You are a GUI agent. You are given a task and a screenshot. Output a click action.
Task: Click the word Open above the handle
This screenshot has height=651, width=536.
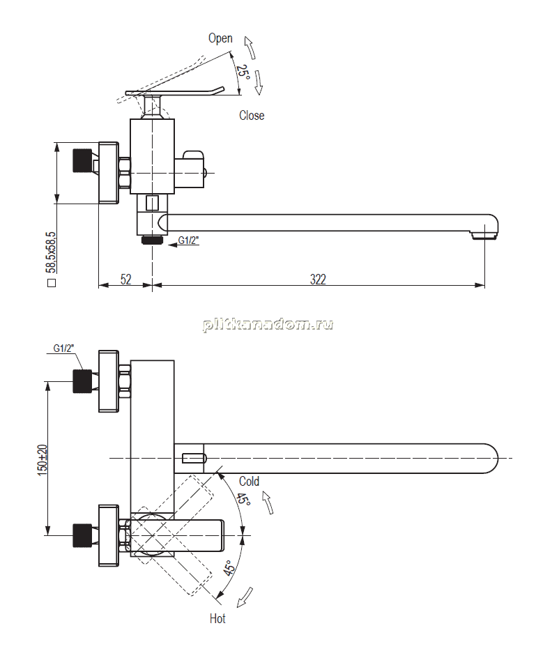click(220, 38)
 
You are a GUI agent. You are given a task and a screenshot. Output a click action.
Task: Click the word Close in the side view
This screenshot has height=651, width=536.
click(252, 115)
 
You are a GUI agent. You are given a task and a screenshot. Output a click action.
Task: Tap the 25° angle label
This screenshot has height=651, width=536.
click(243, 72)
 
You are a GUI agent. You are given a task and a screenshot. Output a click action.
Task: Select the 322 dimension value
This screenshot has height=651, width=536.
click(318, 279)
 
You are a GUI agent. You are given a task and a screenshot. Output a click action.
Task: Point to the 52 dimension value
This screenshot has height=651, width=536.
click(125, 279)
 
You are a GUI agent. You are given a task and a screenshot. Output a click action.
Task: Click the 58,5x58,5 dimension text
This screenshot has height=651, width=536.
click(51, 252)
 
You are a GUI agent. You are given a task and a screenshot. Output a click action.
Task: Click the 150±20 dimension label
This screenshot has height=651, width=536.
click(43, 459)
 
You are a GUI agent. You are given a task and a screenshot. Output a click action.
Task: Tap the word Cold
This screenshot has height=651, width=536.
click(249, 481)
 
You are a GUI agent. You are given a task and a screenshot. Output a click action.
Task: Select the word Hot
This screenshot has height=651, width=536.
click(217, 618)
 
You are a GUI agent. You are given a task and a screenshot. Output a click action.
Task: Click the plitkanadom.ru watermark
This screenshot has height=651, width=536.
click(268, 324)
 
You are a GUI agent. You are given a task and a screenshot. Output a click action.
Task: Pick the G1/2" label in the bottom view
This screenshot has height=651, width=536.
click(63, 349)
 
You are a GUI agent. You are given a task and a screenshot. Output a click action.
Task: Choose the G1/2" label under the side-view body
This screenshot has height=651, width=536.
click(188, 240)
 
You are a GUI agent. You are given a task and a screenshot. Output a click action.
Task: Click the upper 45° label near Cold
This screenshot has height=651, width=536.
click(244, 498)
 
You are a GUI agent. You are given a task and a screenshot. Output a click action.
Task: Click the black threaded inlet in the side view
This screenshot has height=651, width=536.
click(82, 160)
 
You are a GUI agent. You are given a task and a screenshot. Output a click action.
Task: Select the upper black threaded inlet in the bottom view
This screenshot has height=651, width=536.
click(82, 381)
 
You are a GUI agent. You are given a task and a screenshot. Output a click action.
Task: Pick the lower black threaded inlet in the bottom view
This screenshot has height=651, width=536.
click(82, 535)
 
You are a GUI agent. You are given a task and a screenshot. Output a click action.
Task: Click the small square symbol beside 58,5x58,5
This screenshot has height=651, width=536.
click(52, 283)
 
